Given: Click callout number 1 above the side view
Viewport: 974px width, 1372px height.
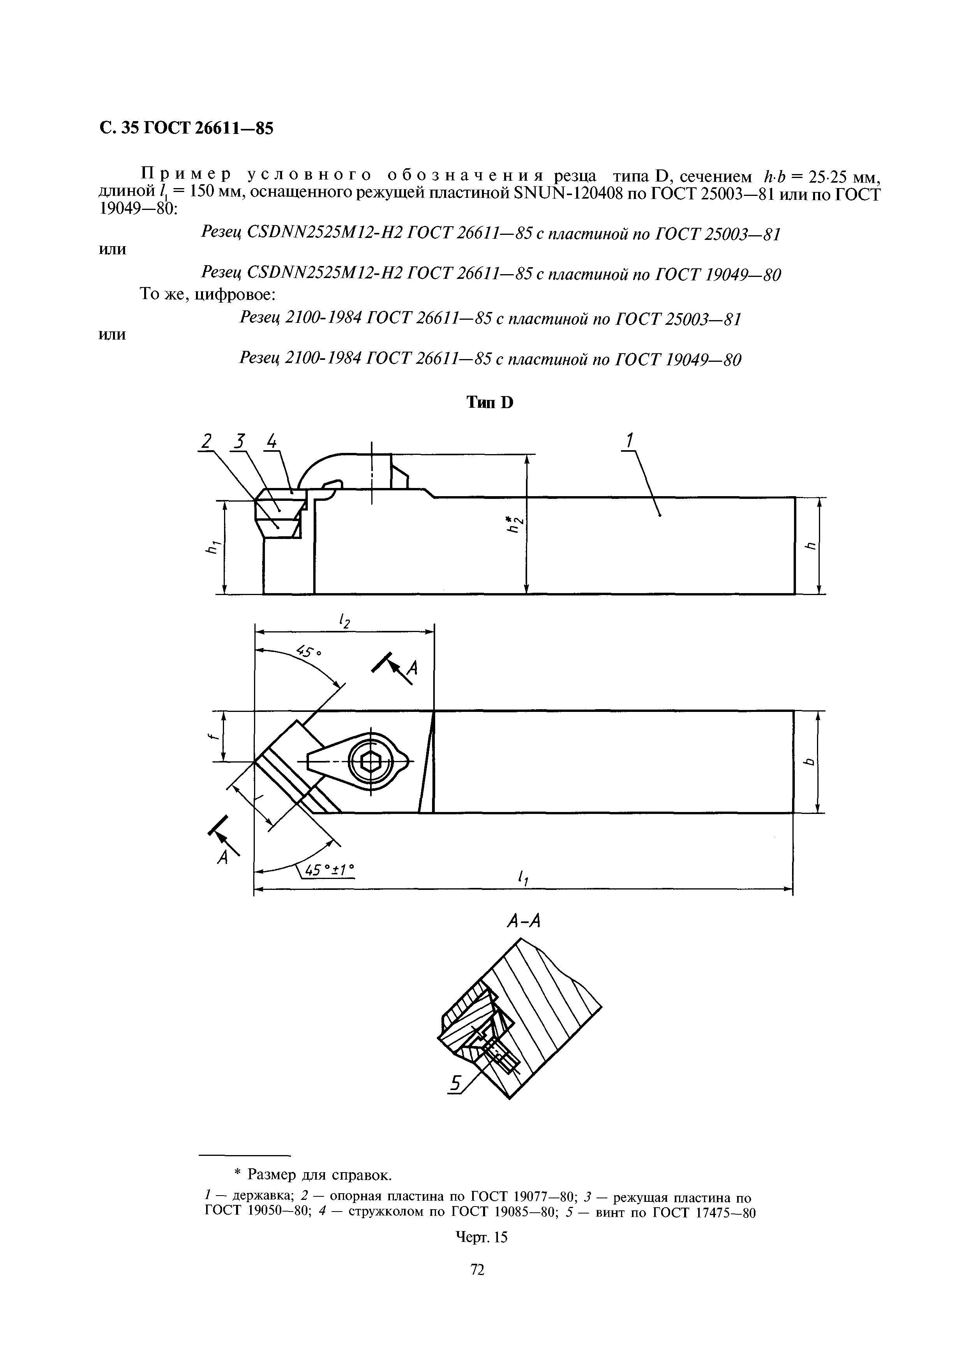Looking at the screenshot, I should tap(629, 440).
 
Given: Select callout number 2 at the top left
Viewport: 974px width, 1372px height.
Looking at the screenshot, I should tap(206, 442).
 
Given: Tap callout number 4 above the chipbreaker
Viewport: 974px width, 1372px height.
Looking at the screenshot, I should tap(272, 442).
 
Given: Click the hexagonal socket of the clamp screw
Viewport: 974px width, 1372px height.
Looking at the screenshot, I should tap(372, 763).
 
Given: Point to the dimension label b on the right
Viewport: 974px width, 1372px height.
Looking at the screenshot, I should tap(810, 762).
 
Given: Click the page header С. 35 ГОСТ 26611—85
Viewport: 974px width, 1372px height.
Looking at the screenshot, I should tap(186, 128).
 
